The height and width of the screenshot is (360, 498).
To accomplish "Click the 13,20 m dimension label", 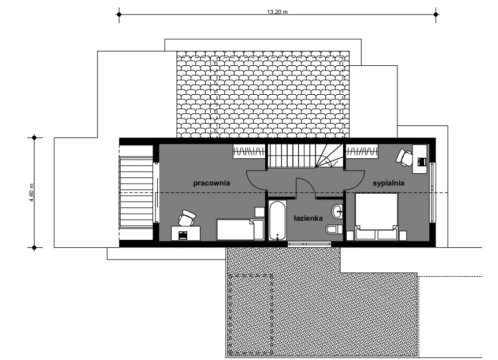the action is (x=277, y=12).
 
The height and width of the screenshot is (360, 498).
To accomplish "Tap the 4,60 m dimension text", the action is (x=31, y=192).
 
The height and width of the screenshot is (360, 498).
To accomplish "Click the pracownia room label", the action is (x=211, y=183).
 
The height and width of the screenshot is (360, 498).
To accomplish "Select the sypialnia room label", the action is (x=388, y=183).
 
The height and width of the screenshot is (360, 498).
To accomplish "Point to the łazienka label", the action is (x=308, y=218).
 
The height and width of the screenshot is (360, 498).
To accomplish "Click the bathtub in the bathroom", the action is (x=277, y=220).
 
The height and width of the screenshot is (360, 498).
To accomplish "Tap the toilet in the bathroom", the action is (x=334, y=229).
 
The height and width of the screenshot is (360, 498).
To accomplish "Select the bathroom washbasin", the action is (x=337, y=211).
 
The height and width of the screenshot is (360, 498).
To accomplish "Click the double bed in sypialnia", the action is (x=376, y=216).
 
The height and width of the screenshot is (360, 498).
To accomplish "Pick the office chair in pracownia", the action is (x=187, y=218).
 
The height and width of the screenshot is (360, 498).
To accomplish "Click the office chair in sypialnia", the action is (x=404, y=157).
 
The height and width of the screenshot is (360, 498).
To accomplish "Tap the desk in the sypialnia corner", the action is (x=419, y=159).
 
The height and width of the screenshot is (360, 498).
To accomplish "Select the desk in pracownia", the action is (x=185, y=233).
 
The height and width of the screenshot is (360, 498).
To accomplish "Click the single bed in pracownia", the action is (x=240, y=229).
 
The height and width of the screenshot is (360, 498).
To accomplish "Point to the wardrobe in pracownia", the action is (x=249, y=151).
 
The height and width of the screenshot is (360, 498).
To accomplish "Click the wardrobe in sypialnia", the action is (x=362, y=151).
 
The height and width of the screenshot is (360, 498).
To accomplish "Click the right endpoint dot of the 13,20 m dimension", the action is (x=436, y=14).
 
